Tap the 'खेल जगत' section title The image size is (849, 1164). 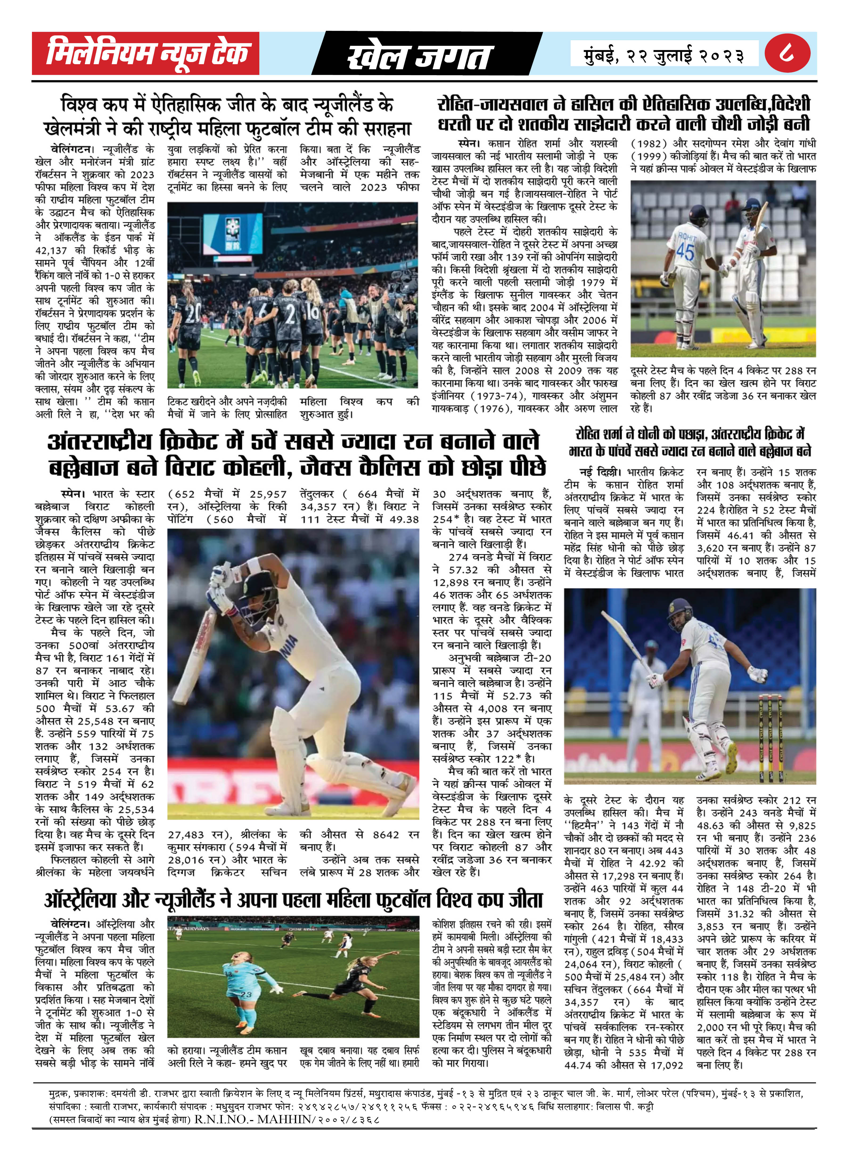419,56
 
